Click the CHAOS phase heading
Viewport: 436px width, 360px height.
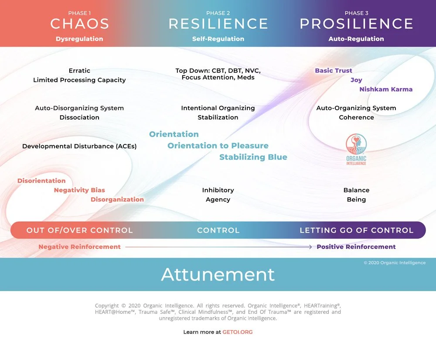coord(79,24)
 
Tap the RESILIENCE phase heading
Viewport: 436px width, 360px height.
coord(218,24)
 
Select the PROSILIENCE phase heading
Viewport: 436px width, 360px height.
coord(356,24)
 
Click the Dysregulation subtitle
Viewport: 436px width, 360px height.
coord(79,39)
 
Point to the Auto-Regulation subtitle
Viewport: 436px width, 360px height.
coord(356,39)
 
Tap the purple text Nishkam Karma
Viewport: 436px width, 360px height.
coord(385,89)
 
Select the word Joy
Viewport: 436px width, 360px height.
coord(356,80)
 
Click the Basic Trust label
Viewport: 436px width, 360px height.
coord(334,71)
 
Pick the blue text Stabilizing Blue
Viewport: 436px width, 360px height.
coord(253,157)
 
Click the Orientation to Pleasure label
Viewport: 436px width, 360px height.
coord(218,146)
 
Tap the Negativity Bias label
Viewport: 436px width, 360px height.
coord(79,190)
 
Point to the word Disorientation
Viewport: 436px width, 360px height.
coord(41,181)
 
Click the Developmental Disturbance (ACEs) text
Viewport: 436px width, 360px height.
coord(79,146)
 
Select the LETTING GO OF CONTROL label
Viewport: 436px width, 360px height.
coord(356,230)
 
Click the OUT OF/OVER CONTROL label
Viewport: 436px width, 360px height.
coord(79,230)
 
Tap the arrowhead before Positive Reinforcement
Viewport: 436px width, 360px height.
coord(310,247)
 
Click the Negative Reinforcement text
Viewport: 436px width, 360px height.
coord(79,247)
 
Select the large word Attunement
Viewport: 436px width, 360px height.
coord(218,274)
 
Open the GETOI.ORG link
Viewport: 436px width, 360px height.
coord(238,332)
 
